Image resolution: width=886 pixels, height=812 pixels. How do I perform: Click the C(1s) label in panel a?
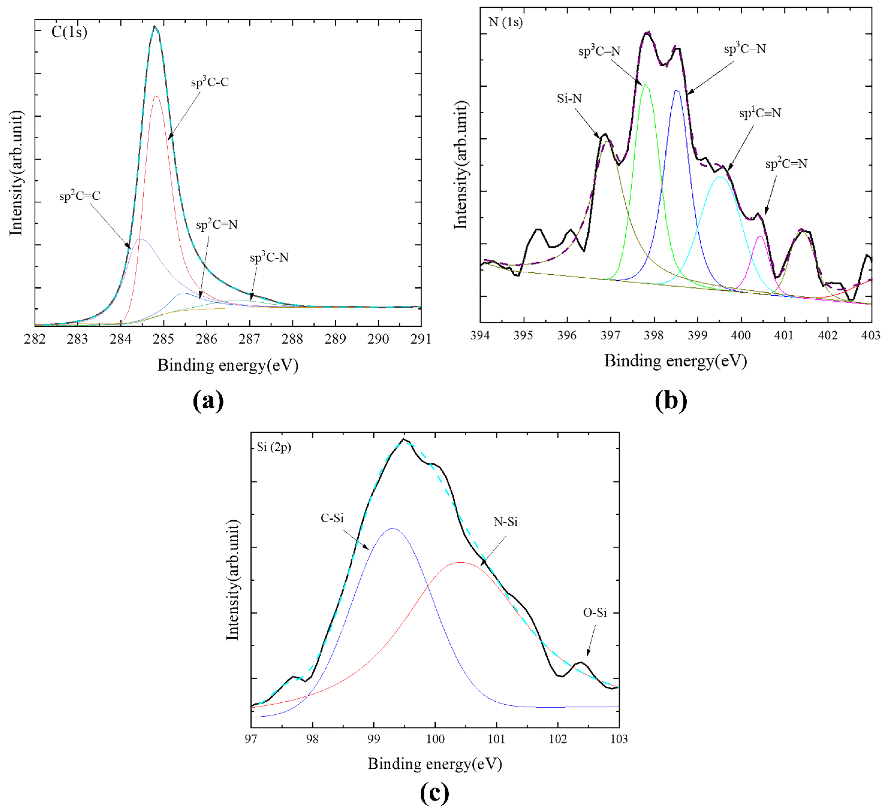(69, 32)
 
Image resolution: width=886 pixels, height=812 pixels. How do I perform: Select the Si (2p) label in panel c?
(273, 447)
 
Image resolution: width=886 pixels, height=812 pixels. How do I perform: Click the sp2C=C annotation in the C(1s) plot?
(80, 195)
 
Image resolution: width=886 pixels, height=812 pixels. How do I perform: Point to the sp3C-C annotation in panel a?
(210, 82)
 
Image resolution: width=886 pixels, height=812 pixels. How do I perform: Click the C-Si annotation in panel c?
(332, 518)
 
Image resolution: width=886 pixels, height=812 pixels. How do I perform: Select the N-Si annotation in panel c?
(505, 522)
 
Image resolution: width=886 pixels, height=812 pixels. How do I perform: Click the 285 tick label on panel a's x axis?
(163, 339)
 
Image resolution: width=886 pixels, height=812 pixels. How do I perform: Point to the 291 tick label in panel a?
(421, 339)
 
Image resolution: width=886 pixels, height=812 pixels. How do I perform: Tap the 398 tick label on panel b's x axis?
(654, 336)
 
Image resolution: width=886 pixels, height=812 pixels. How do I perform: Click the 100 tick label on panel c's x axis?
(435, 739)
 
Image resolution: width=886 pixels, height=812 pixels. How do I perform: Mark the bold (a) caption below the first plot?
(208, 400)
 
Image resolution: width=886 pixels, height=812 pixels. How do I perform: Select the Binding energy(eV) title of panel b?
(675, 361)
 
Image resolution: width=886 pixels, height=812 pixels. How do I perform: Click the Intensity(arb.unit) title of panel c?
(233, 580)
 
